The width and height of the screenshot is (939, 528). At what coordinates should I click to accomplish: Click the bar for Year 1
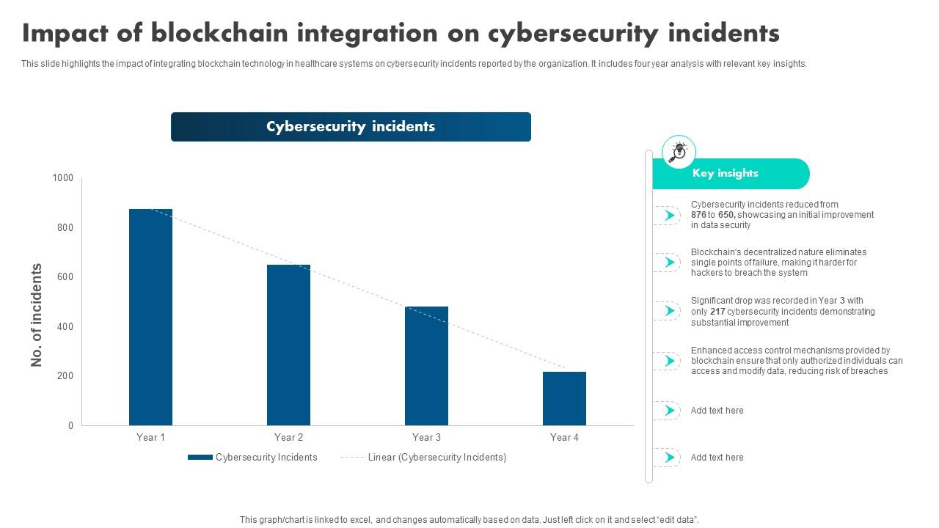click(x=150, y=317)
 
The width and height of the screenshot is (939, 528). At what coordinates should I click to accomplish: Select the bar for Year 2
click(x=288, y=345)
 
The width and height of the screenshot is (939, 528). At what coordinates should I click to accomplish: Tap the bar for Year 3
click(x=426, y=366)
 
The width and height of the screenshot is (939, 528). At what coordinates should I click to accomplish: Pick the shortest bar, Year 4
click(x=564, y=398)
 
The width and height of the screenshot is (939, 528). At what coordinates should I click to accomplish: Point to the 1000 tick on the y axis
click(x=63, y=178)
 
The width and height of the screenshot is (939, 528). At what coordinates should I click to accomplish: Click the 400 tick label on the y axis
click(x=65, y=326)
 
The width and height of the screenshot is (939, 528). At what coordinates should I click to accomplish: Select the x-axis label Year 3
click(x=426, y=438)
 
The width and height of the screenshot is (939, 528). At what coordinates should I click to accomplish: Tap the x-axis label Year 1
click(x=150, y=438)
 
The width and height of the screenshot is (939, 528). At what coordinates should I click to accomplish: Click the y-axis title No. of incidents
click(x=37, y=315)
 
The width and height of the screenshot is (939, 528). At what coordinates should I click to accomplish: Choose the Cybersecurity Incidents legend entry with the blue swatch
click(x=253, y=458)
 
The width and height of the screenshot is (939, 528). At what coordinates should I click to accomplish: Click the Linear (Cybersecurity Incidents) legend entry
click(x=423, y=458)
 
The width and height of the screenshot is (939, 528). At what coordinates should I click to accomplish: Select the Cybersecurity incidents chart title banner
click(x=351, y=127)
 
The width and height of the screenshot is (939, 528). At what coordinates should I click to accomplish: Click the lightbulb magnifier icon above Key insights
click(x=679, y=152)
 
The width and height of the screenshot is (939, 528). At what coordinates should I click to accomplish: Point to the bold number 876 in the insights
click(x=698, y=215)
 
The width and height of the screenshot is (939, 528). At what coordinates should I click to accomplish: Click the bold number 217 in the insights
click(x=717, y=312)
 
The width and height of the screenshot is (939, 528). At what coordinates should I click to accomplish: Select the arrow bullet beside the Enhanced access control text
click(x=668, y=361)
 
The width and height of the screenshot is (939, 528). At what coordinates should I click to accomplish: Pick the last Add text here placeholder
click(x=717, y=458)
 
